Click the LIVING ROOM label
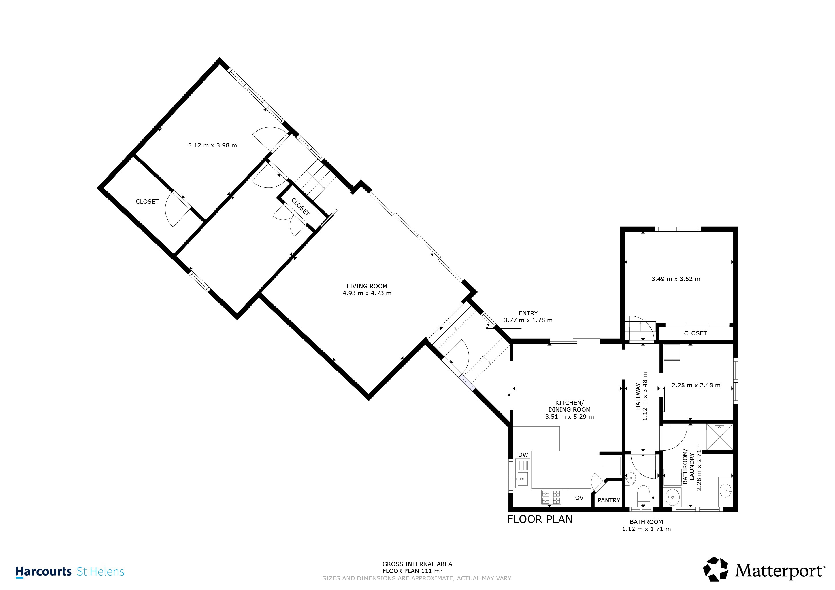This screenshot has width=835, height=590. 367,286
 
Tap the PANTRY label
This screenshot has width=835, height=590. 609,500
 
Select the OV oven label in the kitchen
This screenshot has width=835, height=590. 579,498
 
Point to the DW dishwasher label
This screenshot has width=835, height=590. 523,455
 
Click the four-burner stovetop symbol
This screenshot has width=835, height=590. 551,497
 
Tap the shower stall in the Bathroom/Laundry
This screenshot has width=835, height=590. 719,437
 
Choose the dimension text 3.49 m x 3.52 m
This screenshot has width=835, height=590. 676,279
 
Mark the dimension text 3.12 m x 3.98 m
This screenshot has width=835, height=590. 212,145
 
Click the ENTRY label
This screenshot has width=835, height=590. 528,313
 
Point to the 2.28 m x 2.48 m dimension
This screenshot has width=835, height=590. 696,385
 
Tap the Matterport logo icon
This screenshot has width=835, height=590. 715,569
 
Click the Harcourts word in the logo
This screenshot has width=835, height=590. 44,572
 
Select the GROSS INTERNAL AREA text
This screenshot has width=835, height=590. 417,564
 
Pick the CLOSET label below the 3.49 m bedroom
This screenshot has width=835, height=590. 695,333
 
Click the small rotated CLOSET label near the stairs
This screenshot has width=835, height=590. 300,207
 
